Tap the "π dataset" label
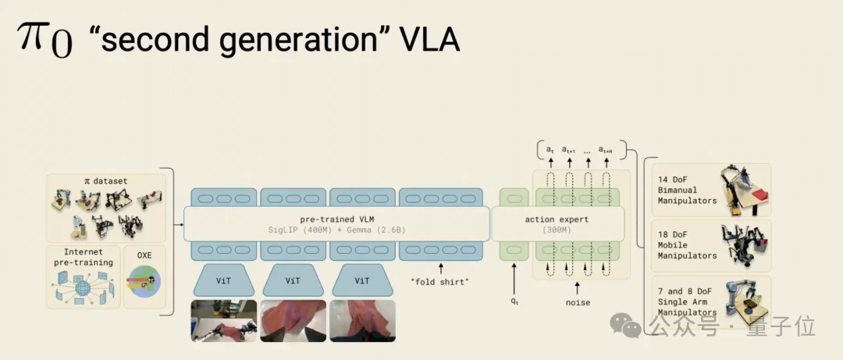(105, 181)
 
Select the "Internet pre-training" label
(83, 257)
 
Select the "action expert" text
(557, 219)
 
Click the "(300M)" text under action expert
(557, 230)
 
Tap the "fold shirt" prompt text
(440, 281)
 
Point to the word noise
(578, 302)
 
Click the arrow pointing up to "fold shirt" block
(440, 268)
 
